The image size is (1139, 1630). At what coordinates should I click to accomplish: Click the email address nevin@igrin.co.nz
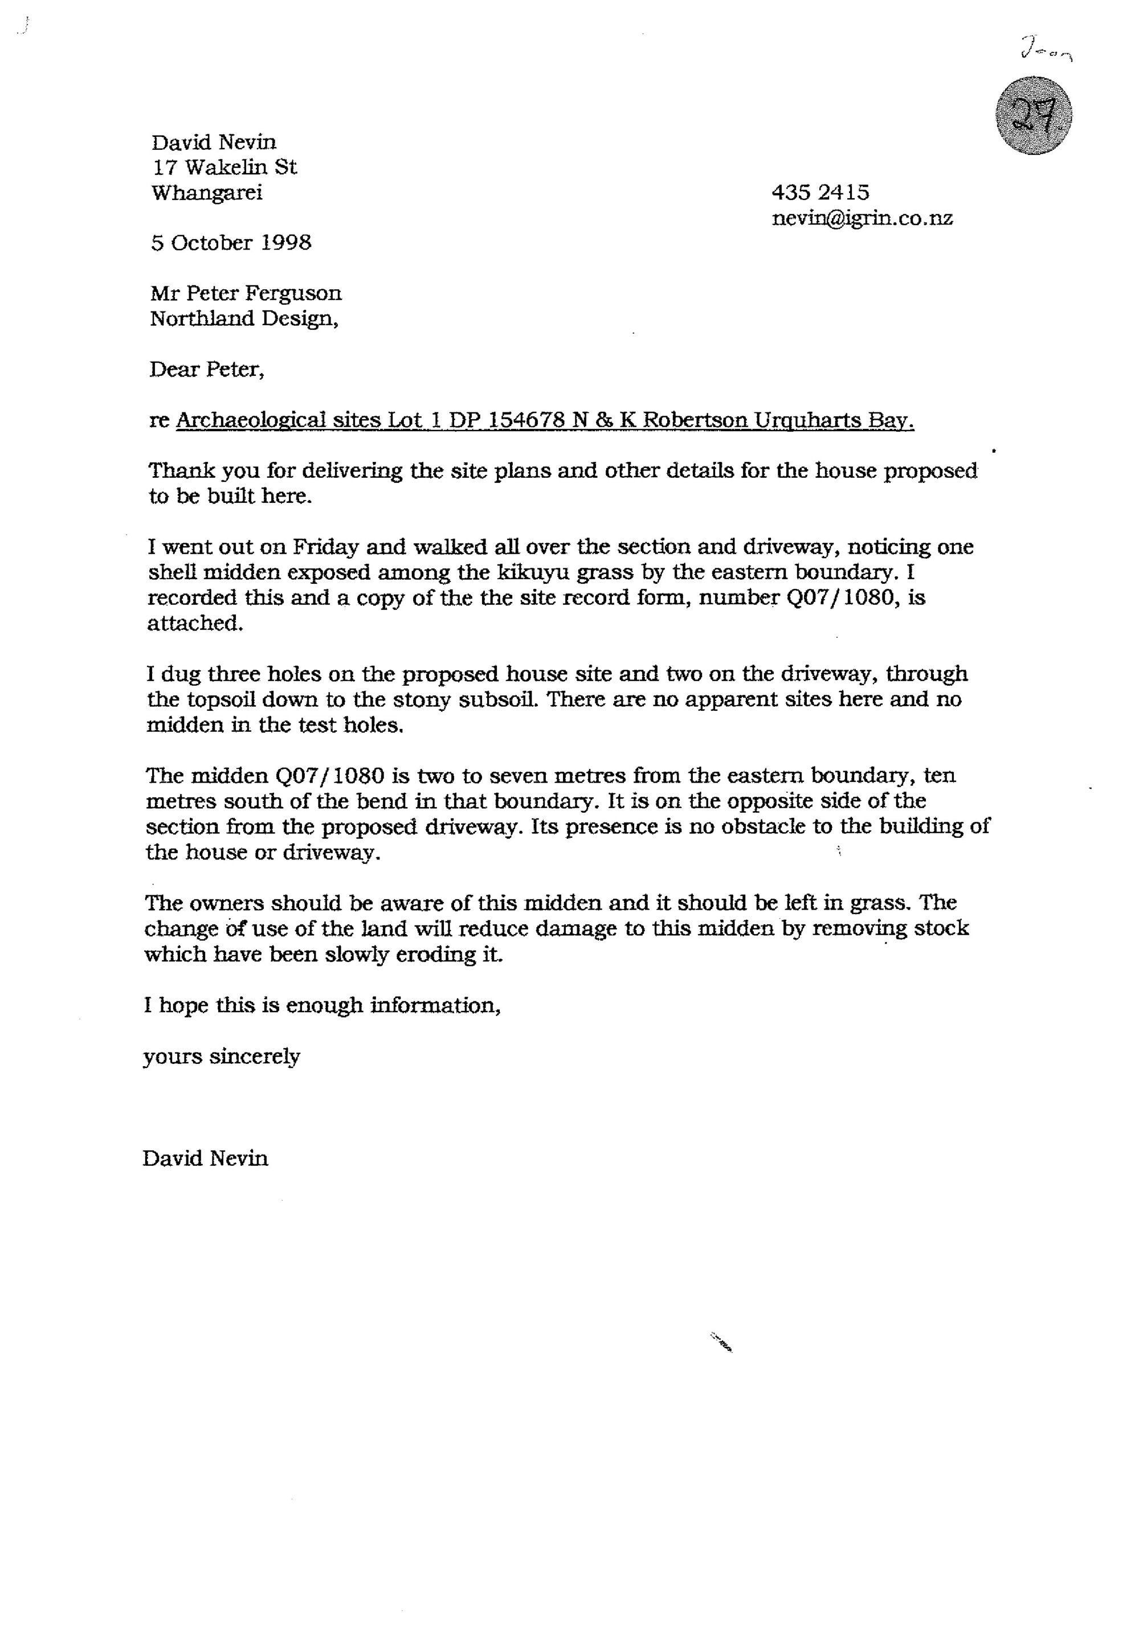[x=862, y=218]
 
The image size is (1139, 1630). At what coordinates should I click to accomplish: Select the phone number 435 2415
[x=820, y=193]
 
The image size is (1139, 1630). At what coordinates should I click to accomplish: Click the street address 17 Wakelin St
[x=224, y=167]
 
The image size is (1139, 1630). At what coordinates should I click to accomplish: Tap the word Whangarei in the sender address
[x=207, y=193]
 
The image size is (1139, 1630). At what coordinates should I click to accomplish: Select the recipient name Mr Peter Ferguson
[x=246, y=293]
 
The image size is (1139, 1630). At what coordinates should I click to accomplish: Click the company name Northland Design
[x=243, y=319]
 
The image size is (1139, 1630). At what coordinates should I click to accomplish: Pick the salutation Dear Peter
[x=207, y=370]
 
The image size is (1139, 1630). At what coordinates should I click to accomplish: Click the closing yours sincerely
[x=222, y=1056]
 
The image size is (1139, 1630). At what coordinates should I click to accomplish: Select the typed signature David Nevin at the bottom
[x=205, y=1158]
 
